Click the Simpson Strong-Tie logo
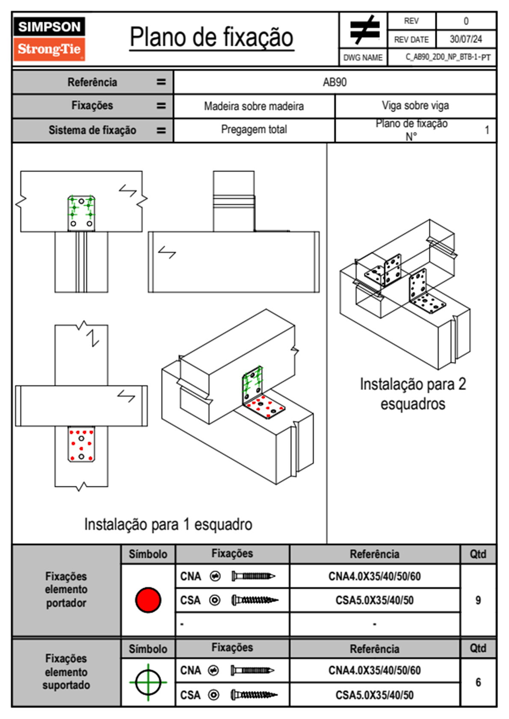(49, 38)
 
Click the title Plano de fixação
(211, 37)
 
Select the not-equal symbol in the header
(364, 30)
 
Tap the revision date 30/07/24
(465, 39)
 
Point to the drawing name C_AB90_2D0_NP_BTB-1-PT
(447, 57)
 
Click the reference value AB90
(334, 82)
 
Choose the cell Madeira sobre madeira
(254, 106)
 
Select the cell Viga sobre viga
(415, 106)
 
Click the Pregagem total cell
(254, 130)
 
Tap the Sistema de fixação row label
(92, 130)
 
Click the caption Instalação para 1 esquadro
(168, 525)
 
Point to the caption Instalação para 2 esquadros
(413, 394)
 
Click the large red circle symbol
(148, 600)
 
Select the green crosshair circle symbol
(148, 682)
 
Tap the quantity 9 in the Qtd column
(478, 600)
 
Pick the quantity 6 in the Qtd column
(478, 682)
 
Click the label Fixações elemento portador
(66, 589)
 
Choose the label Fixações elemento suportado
(66, 672)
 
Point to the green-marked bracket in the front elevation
(81, 213)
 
